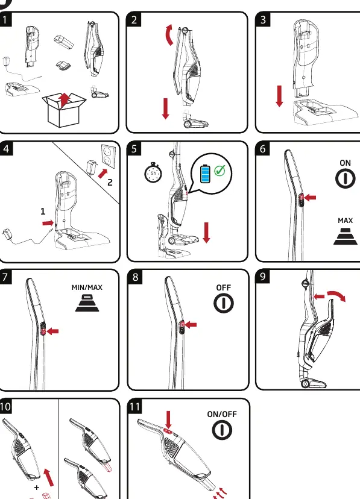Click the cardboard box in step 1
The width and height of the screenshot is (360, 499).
tap(64, 110)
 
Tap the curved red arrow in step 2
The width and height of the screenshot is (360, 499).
tap(169, 35)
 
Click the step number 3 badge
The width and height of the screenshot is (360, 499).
tap(263, 20)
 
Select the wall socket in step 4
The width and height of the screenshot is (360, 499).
tap(108, 157)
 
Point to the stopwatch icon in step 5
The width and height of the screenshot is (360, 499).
tap(153, 173)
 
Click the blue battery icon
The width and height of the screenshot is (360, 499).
tap(206, 174)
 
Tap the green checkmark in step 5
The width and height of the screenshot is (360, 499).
tap(219, 171)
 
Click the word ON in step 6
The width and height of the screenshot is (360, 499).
tap(345, 163)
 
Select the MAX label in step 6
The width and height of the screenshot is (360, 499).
tap(345, 220)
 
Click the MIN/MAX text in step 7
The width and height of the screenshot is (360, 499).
tap(87, 287)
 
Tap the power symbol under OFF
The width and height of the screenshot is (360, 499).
tap(224, 303)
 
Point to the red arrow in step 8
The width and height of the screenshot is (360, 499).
tap(191, 325)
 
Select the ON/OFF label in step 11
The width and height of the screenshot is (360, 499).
tap(222, 415)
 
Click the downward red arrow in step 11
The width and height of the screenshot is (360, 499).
tap(168, 419)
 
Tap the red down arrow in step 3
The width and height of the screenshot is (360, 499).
tap(279, 96)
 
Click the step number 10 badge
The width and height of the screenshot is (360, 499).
tap(5, 406)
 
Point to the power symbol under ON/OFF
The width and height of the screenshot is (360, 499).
tap(222, 430)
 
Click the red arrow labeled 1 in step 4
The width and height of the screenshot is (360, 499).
tap(48, 223)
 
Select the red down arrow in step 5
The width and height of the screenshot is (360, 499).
tap(206, 233)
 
